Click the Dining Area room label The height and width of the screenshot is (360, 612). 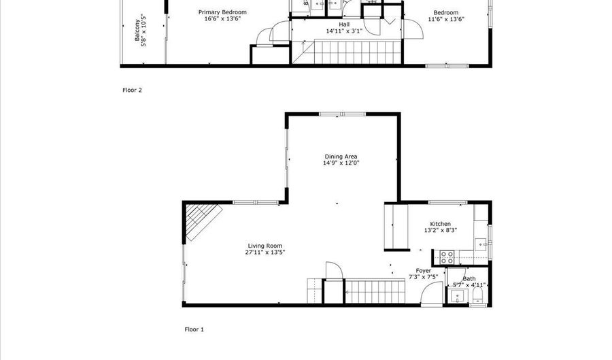click(341, 156)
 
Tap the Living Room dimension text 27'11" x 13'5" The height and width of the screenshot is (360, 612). click(265, 252)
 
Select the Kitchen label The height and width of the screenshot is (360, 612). click(440, 224)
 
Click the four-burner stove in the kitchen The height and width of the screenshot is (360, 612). click(447, 257)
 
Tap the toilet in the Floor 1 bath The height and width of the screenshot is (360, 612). click(478, 295)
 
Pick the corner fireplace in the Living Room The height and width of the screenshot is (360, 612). click(201, 222)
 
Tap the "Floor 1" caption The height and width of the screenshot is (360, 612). click(194, 329)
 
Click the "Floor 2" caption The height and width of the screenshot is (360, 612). click(132, 90)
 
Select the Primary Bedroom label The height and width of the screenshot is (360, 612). click(222, 12)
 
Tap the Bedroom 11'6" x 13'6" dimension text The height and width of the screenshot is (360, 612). click(445, 20)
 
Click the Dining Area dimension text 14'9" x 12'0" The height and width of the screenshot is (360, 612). click(341, 163)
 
